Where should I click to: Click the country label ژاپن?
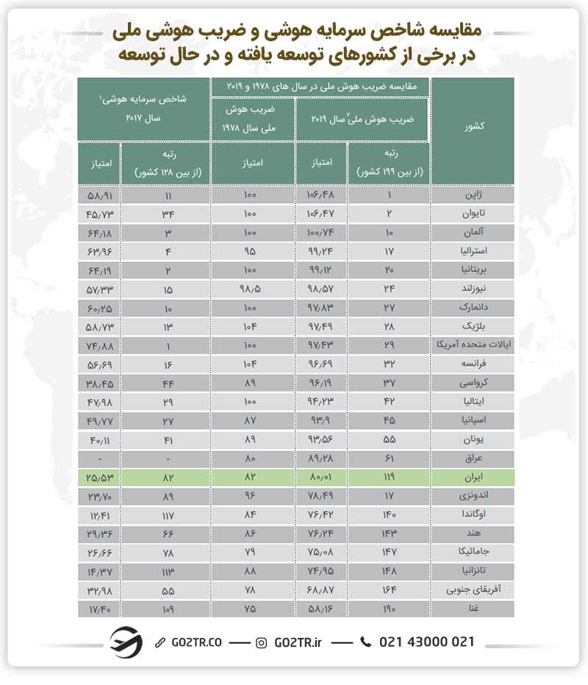pyautogui.click(x=476, y=196)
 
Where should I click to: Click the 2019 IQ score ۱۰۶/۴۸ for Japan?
pyautogui.click(x=320, y=196)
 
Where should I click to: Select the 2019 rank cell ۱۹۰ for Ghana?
pyautogui.click(x=389, y=609)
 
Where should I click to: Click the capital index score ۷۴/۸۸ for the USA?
pyautogui.click(x=98, y=344)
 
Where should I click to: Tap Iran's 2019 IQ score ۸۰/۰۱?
pyautogui.click(x=320, y=478)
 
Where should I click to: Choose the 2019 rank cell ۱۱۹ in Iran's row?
pyautogui.click(x=389, y=478)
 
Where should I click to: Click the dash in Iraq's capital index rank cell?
pyautogui.click(x=167, y=458)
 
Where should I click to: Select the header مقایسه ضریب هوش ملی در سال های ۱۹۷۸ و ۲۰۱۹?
pyautogui.click(x=320, y=86)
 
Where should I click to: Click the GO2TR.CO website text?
pyautogui.click(x=196, y=642)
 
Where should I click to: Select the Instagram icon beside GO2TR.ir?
pyautogui.click(x=262, y=642)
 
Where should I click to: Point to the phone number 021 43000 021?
pyautogui.click(x=427, y=642)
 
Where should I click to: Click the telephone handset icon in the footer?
pyautogui.click(x=366, y=642)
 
